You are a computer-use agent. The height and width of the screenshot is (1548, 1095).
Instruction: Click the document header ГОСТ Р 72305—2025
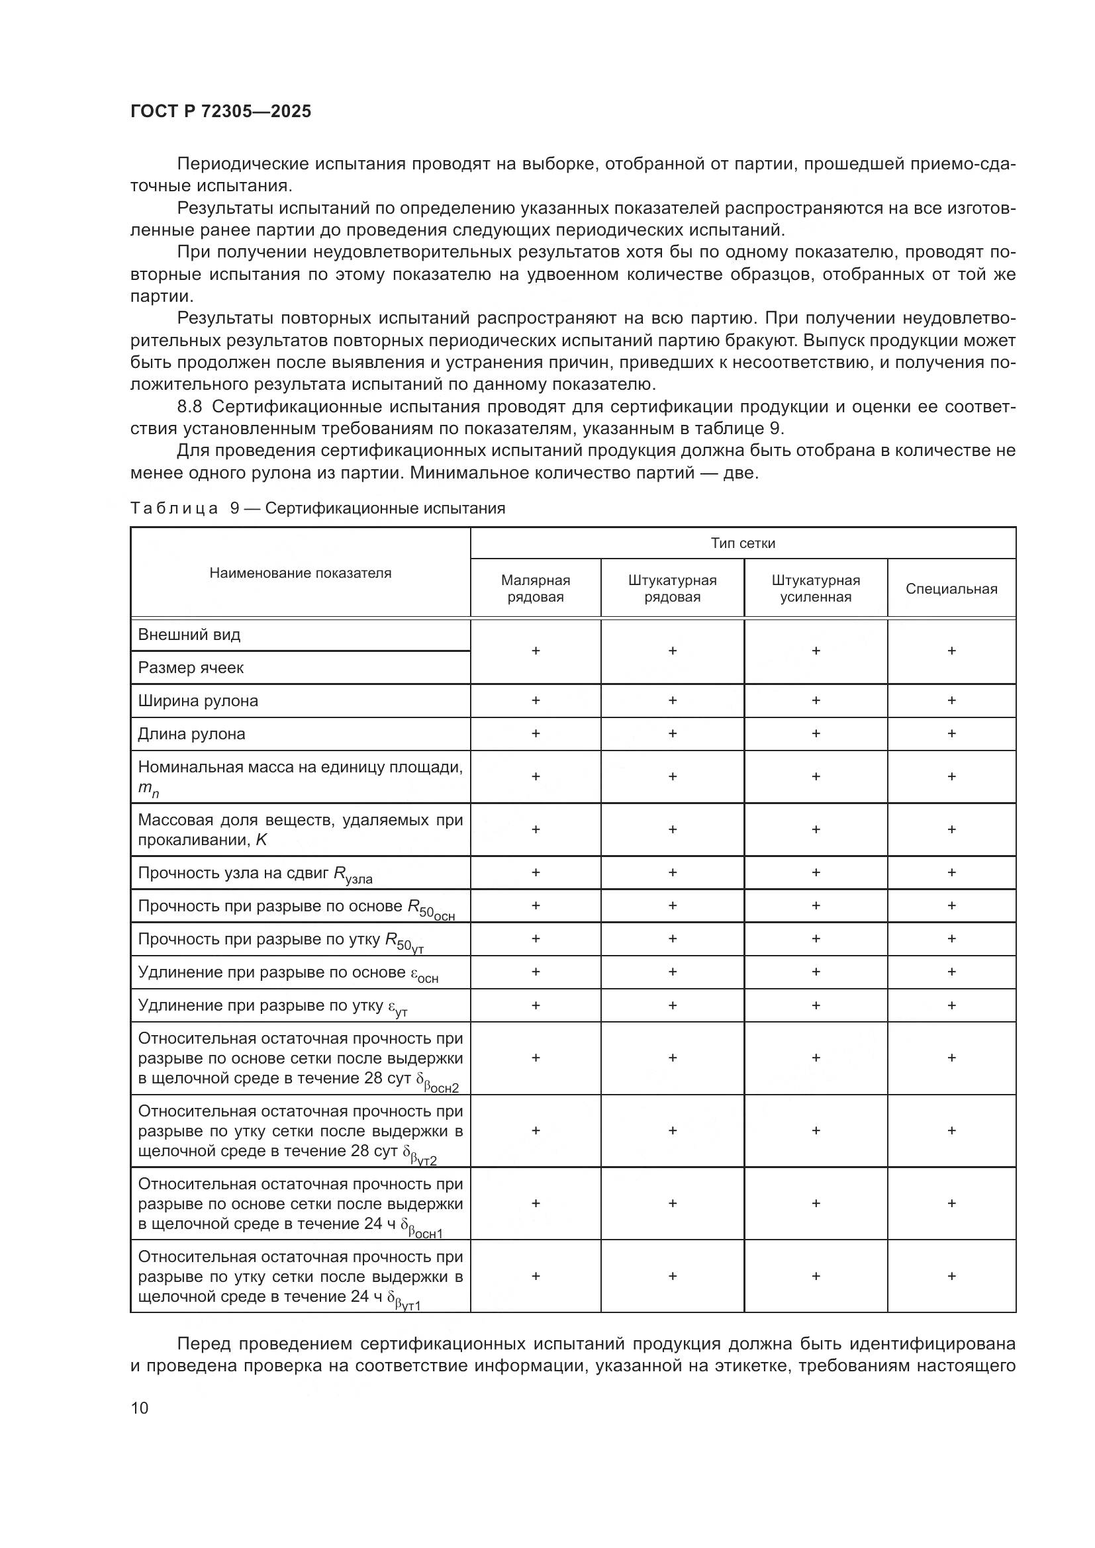220,111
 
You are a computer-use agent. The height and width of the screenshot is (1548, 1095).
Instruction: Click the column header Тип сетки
742,543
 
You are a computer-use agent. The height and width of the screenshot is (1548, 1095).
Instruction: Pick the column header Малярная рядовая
536,588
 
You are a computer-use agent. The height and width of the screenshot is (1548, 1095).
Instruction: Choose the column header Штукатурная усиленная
815,588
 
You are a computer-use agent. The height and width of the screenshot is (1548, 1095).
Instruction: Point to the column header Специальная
951,588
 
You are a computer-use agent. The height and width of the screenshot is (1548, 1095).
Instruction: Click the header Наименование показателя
300,572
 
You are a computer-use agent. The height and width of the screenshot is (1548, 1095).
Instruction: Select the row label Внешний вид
189,635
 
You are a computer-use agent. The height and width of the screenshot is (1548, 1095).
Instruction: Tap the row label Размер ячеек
191,668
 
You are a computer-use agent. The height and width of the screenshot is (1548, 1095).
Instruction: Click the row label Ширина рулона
197,700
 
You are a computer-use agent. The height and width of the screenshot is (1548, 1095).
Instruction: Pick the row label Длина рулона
191,733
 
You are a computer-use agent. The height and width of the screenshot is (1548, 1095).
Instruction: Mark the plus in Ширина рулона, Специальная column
951,700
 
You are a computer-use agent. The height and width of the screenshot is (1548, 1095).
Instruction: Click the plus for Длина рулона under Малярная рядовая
536,733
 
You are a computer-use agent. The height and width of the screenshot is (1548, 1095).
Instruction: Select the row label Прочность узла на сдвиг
255,873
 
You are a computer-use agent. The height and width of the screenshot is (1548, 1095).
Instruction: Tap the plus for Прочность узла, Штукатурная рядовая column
672,872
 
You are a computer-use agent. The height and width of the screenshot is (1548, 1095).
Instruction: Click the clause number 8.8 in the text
189,406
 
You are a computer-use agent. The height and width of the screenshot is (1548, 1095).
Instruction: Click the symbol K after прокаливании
261,840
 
